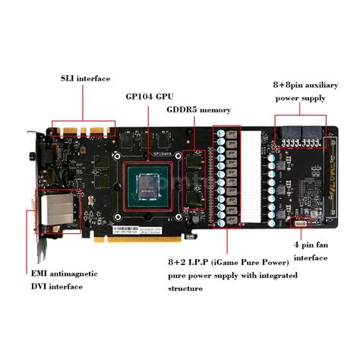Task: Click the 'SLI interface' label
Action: click(x=85, y=78)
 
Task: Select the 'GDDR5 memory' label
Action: click(x=199, y=109)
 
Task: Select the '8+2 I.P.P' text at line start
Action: click(x=186, y=262)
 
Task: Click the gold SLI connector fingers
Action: click(x=84, y=130)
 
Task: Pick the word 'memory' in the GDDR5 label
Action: click(x=214, y=109)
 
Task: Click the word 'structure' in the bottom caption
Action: click(x=185, y=289)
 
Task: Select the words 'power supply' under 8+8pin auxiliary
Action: click(x=301, y=98)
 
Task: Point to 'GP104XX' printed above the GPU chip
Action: click(x=164, y=152)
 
